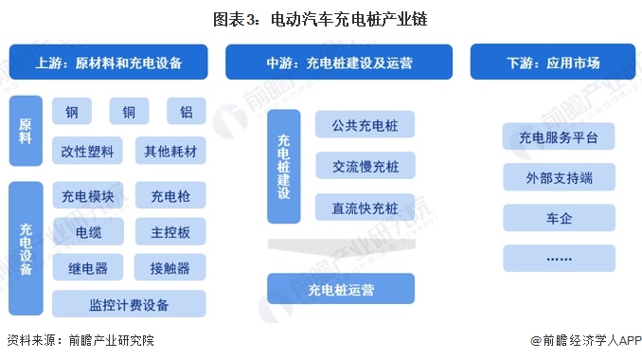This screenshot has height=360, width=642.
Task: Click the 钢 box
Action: click(72, 112)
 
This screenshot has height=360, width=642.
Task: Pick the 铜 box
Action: click(129, 112)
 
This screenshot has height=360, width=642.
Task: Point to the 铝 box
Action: click(187, 112)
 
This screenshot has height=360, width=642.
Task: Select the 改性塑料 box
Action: click(87, 152)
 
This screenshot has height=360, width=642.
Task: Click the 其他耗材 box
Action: click(170, 152)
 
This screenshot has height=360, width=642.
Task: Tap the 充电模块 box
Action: click(87, 197)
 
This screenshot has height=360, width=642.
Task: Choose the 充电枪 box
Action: click(170, 197)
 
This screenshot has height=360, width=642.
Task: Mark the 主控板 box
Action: click(170, 232)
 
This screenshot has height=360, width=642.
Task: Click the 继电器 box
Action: click(87, 268)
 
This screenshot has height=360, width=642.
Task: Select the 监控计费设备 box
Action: click(129, 304)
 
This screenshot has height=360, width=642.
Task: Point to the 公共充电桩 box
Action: click(365, 125)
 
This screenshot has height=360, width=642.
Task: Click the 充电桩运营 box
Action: click(341, 288)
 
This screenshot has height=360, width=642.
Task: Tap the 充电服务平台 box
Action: click(559, 138)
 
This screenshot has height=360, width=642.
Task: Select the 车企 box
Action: click(559, 218)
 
